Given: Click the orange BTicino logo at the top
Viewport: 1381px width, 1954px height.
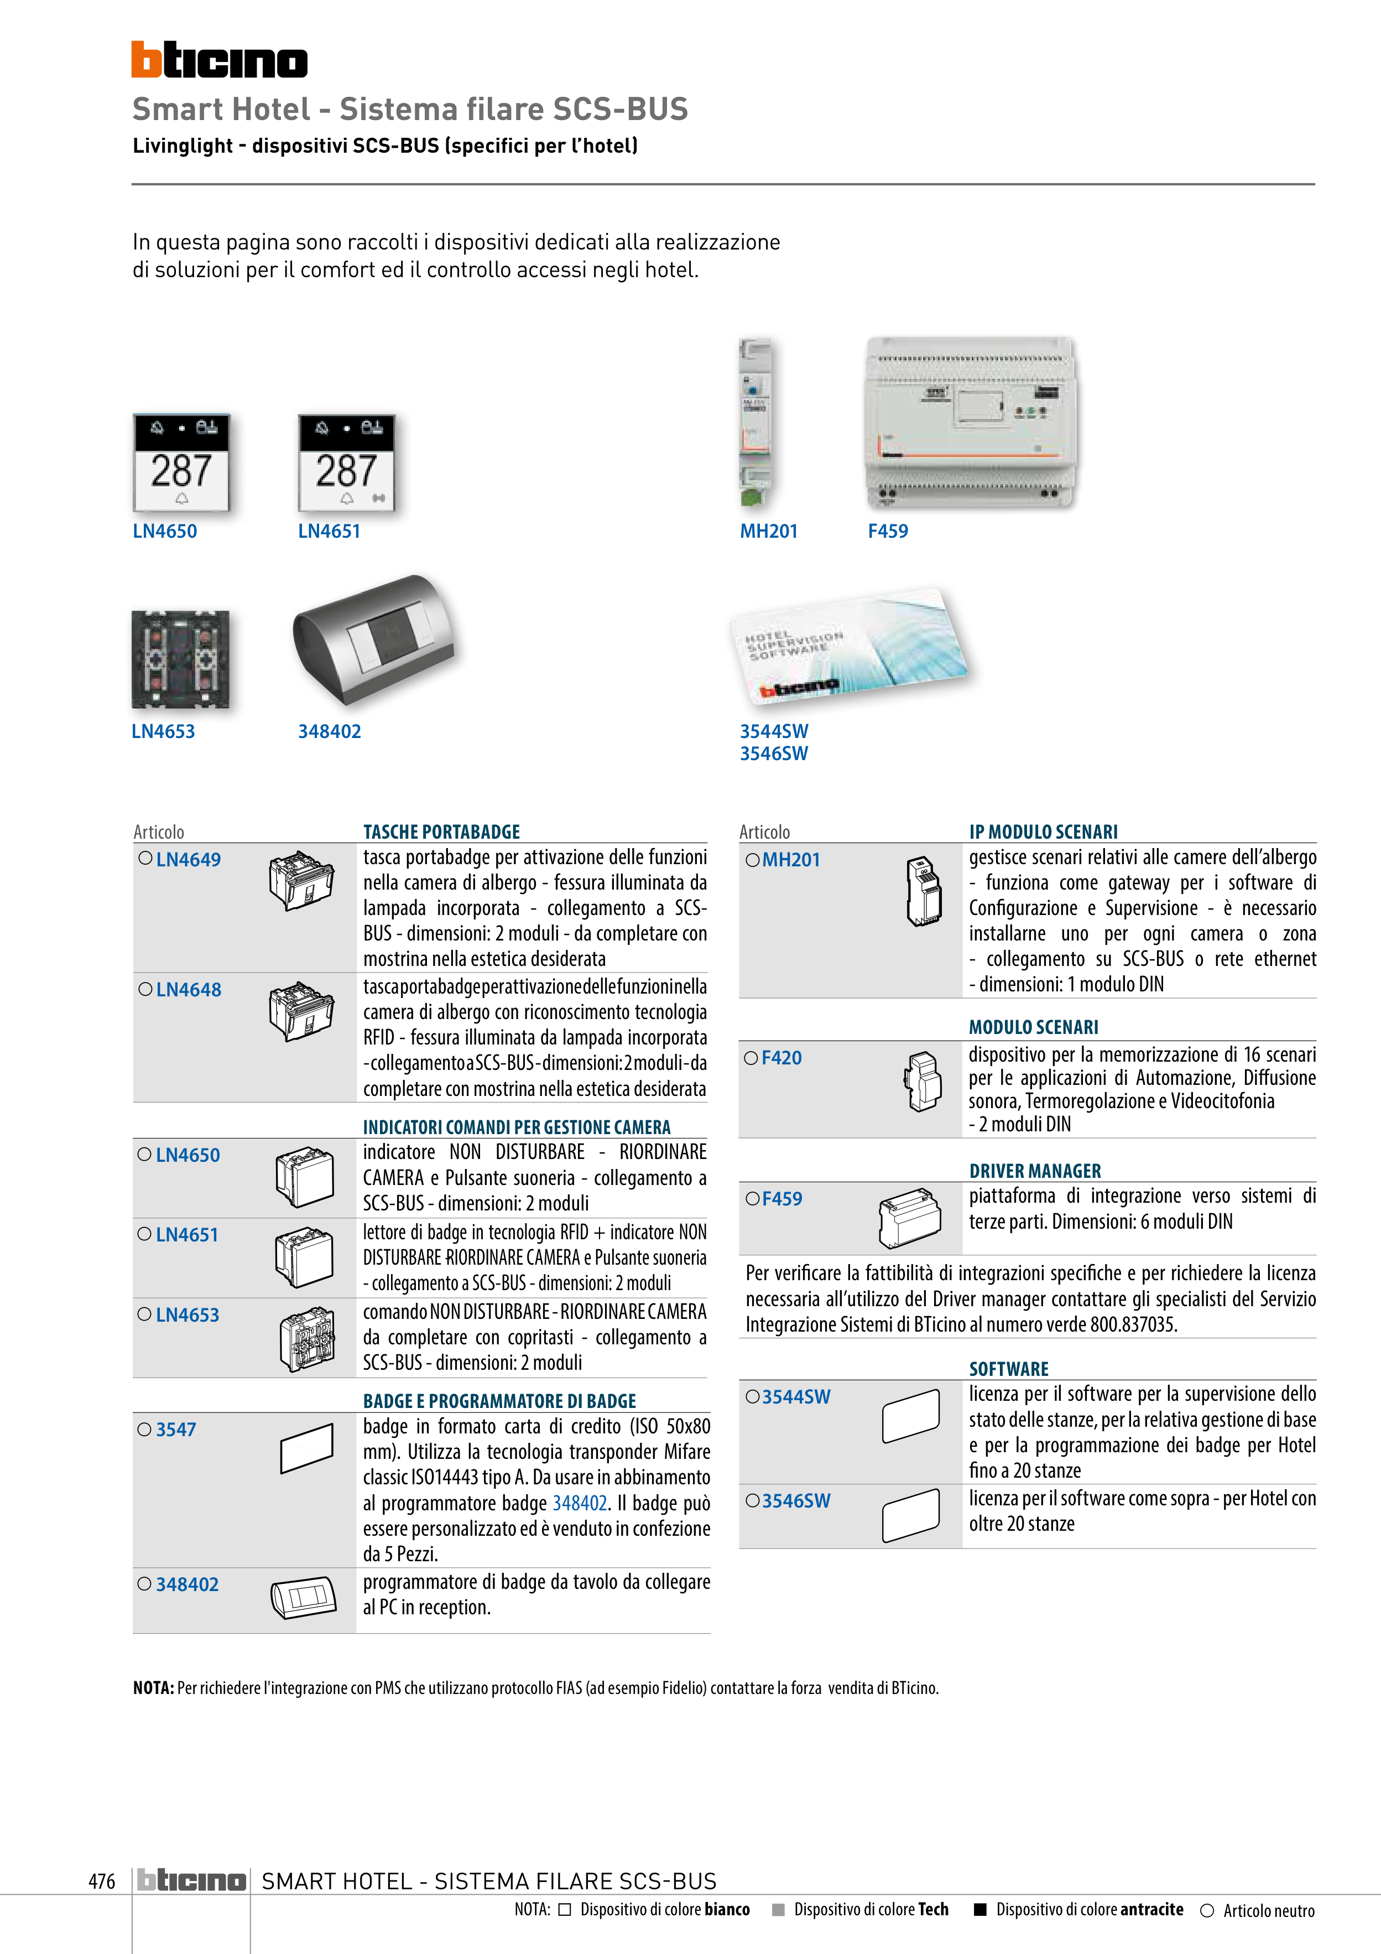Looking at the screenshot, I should coord(218,60).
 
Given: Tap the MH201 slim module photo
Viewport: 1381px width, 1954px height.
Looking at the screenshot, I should coord(755,423).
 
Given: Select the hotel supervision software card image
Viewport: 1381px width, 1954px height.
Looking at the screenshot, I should coord(849,645).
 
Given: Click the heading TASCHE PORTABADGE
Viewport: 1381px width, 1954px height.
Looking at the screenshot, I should coord(441,832).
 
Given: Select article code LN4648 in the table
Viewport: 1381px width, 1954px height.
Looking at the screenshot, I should coord(188,990).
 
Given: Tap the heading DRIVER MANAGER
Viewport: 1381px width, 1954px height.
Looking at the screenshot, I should coord(1035,1171).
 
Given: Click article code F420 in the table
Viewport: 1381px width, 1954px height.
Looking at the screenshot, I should coord(781,1058).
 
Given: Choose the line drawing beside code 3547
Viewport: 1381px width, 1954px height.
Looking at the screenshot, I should coord(306,1448).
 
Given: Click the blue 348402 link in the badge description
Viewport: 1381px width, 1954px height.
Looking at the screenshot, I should coord(580,1504).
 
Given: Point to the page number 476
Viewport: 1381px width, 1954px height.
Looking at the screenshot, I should coord(101,1881).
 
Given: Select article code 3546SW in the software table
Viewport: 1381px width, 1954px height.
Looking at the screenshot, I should coord(796,1500).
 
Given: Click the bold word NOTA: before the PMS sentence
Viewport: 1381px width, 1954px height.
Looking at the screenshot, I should coord(153,1688).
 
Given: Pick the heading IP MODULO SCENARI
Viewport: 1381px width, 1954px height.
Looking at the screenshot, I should coord(1043,832).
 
